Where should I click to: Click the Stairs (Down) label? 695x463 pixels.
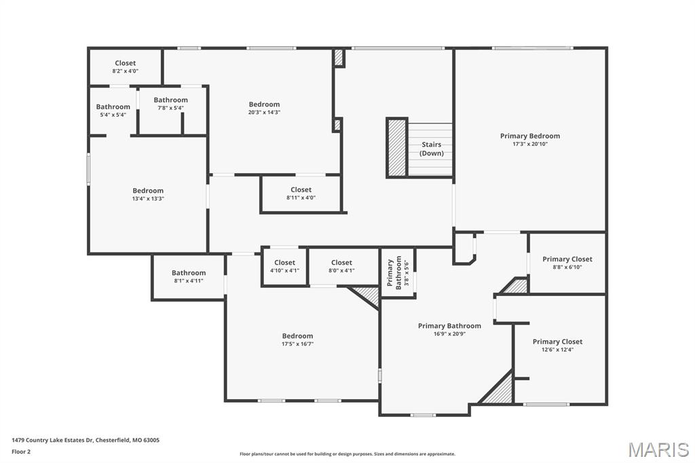pyautogui.click(x=432, y=149)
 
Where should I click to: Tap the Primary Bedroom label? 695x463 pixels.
pyautogui.click(x=530, y=136)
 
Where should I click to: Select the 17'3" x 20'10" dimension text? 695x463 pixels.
pyautogui.click(x=530, y=145)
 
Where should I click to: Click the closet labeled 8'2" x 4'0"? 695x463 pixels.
pyautogui.click(x=125, y=67)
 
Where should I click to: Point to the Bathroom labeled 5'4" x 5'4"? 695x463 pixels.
pyautogui.click(x=113, y=110)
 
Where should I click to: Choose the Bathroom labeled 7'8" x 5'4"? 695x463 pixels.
pyautogui.click(x=170, y=103)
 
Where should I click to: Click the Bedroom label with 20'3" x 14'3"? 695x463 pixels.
pyautogui.click(x=264, y=108)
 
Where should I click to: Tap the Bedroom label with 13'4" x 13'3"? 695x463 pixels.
pyautogui.click(x=148, y=194)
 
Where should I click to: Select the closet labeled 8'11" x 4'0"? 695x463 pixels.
pyautogui.click(x=301, y=193)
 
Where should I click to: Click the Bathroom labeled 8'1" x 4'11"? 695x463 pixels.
pyautogui.click(x=189, y=276)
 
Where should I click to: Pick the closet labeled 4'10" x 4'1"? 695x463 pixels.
pyautogui.click(x=284, y=266)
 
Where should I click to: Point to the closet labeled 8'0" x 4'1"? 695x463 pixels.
pyautogui.click(x=341, y=266)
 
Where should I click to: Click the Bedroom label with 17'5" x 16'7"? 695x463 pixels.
pyautogui.click(x=297, y=339)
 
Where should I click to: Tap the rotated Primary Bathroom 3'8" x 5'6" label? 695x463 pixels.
pyautogui.click(x=398, y=274)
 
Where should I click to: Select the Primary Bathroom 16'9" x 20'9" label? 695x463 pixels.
pyautogui.click(x=449, y=329)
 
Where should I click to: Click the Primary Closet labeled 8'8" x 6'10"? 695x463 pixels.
pyautogui.click(x=567, y=263)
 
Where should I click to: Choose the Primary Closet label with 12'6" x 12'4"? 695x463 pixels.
pyautogui.click(x=557, y=345)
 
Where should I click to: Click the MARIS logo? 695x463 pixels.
pyautogui.click(x=658, y=449)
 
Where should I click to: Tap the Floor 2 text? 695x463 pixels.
pyautogui.click(x=21, y=451)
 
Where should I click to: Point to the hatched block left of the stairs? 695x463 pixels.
pyautogui.click(x=396, y=147)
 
